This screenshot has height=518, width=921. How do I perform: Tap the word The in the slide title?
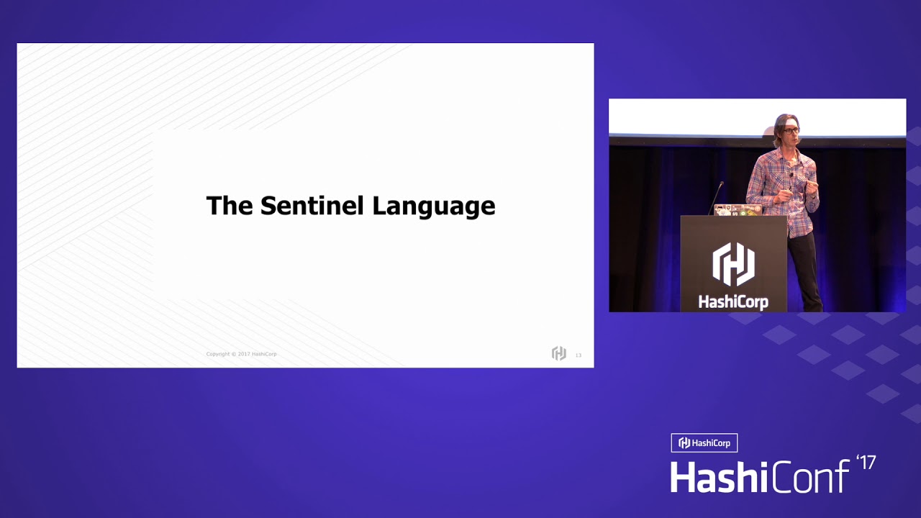230,206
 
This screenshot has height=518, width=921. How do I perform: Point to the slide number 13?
579,355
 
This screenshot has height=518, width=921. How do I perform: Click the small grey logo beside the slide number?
558,353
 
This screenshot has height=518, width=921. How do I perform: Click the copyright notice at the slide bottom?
241,354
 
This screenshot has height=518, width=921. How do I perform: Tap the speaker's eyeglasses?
791,131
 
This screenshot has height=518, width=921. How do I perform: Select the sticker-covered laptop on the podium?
737,209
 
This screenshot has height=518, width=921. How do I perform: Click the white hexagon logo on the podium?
733,264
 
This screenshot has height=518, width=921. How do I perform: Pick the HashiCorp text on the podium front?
733,302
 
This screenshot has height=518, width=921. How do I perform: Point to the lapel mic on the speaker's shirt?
791,175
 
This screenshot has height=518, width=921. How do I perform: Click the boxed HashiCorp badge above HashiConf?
704,443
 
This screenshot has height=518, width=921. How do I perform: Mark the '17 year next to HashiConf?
866,463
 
